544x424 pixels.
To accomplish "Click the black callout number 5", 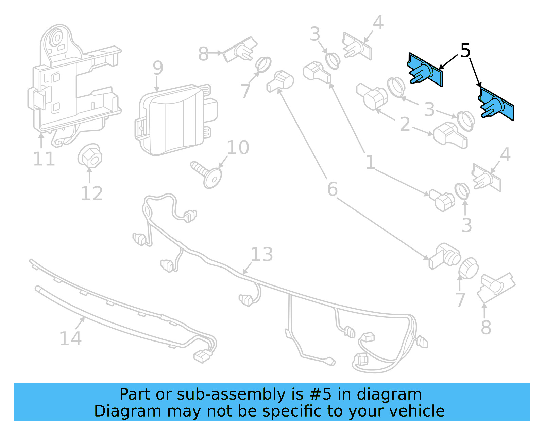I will [465, 51].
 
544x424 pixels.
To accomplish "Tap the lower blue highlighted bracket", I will [496, 104].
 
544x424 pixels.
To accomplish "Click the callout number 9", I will [158, 68].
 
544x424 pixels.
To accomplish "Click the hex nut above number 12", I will [90, 156].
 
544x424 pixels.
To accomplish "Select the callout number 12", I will [92, 194].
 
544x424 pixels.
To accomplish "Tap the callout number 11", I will [44, 159].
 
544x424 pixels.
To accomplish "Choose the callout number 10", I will [238, 148].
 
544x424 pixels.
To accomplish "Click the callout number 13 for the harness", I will [262, 255].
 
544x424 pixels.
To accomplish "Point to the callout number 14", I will [70, 338].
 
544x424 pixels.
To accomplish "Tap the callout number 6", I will [332, 189].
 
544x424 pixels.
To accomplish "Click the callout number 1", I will [370, 162].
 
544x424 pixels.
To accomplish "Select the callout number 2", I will [405, 124].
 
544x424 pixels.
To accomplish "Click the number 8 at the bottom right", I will [486, 328].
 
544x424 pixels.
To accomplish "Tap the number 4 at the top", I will [378, 23].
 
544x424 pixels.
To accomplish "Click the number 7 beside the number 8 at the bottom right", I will [460, 300].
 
